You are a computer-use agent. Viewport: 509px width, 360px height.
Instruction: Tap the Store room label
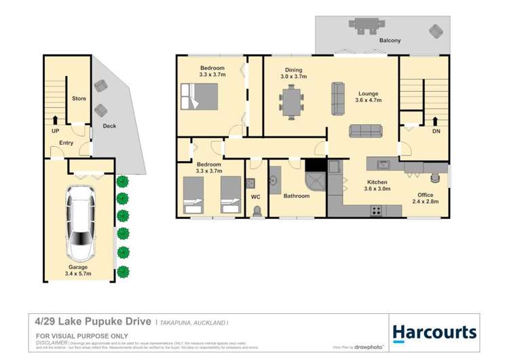tap(79, 98)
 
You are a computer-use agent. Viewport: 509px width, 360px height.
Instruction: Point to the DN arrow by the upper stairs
tap(435, 122)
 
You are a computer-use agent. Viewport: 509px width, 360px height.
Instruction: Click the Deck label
tap(109, 126)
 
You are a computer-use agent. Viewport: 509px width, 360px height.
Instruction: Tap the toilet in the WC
tap(255, 211)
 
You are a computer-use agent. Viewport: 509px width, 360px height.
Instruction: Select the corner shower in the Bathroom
tap(316, 181)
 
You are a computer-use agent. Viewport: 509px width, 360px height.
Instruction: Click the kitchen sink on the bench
tap(383, 164)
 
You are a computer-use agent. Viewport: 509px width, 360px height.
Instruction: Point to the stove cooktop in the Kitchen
tap(375, 211)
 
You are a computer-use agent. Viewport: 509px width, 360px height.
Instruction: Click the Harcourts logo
tap(434, 333)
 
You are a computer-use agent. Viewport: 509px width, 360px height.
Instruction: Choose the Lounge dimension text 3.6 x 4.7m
tap(369, 101)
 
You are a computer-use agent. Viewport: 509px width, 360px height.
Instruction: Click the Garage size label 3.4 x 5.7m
tap(77, 274)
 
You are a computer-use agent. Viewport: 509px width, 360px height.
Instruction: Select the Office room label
tap(425, 196)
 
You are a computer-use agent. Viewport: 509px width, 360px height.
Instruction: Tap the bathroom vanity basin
tap(276, 182)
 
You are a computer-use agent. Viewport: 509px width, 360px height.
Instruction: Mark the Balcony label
tap(390, 41)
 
